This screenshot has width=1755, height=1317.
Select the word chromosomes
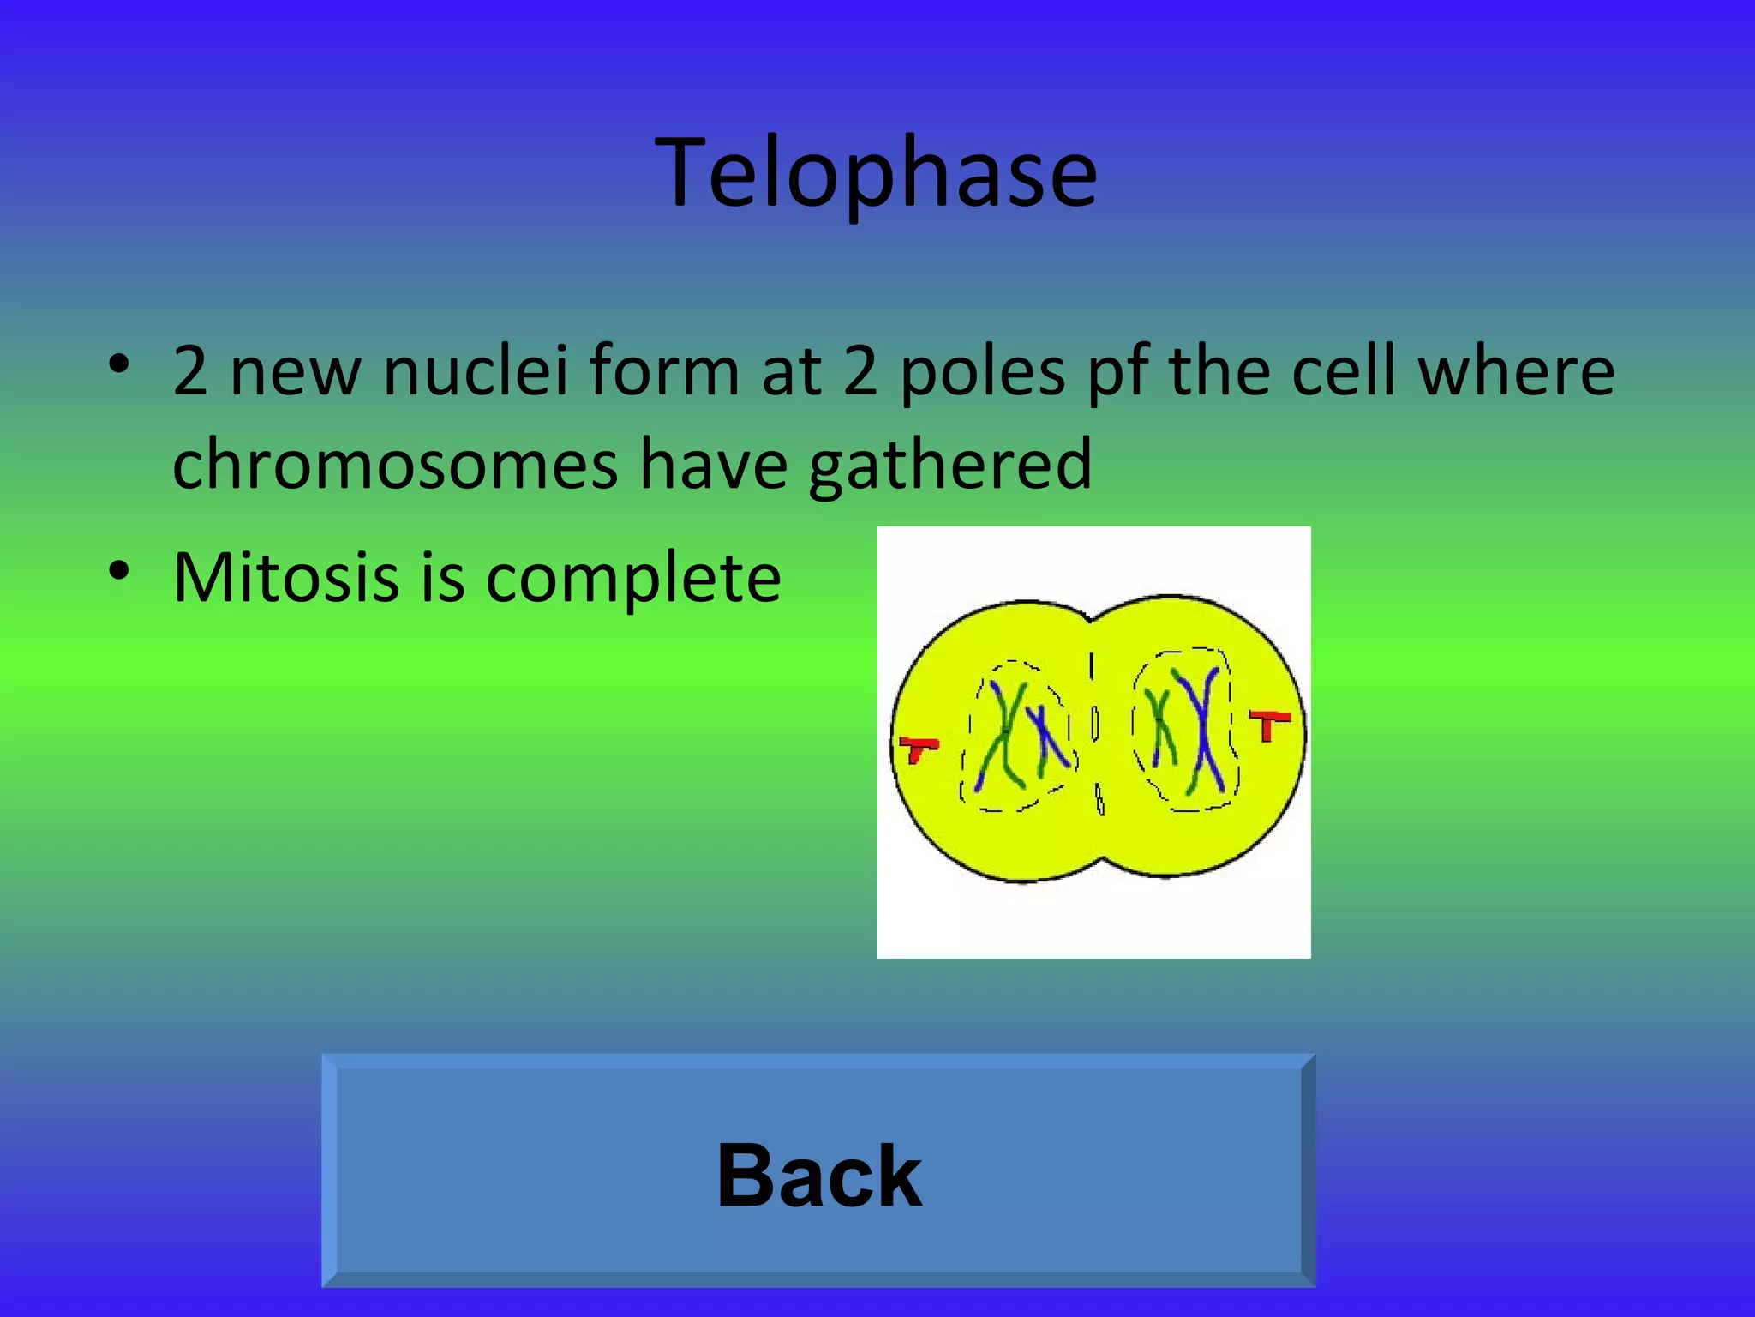coord(395,464)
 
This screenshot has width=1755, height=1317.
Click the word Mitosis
coord(285,577)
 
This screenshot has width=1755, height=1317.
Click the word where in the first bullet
coord(1516,370)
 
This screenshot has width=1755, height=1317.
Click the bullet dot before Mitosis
coord(119,569)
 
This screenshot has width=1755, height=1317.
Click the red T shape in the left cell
coord(918,749)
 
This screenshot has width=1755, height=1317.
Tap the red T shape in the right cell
coord(1269,723)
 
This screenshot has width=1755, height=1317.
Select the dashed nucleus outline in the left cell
coord(967,755)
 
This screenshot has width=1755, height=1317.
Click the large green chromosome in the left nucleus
coord(1003,737)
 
